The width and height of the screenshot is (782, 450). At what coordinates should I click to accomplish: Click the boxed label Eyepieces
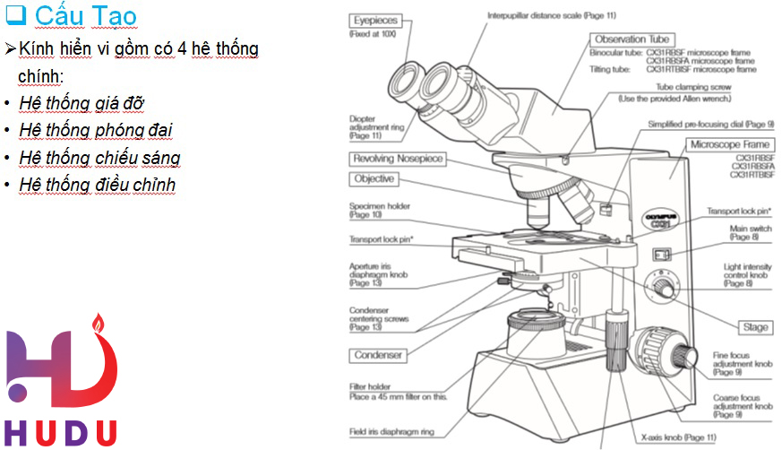(x=374, y=20)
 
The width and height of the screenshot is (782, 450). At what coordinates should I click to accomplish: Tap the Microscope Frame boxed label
(x=729, y=144)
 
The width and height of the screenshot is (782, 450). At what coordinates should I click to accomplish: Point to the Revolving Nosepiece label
(x=398, y=159)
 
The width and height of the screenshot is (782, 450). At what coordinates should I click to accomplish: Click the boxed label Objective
(x=374, y=179)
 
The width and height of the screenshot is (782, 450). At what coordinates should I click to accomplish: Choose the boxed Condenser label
(x=378, y=355)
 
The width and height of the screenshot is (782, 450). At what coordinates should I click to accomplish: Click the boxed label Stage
(x=755, y=327)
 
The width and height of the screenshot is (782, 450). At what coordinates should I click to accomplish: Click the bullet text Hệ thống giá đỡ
(x=82, y=103)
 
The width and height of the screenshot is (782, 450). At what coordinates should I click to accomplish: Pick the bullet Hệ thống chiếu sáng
(x=99, y=158)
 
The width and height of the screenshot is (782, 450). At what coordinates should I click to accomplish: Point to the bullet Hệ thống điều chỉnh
(x=97, y=185)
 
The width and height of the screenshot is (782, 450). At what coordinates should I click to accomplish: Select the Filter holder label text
(x=371, y=387)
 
